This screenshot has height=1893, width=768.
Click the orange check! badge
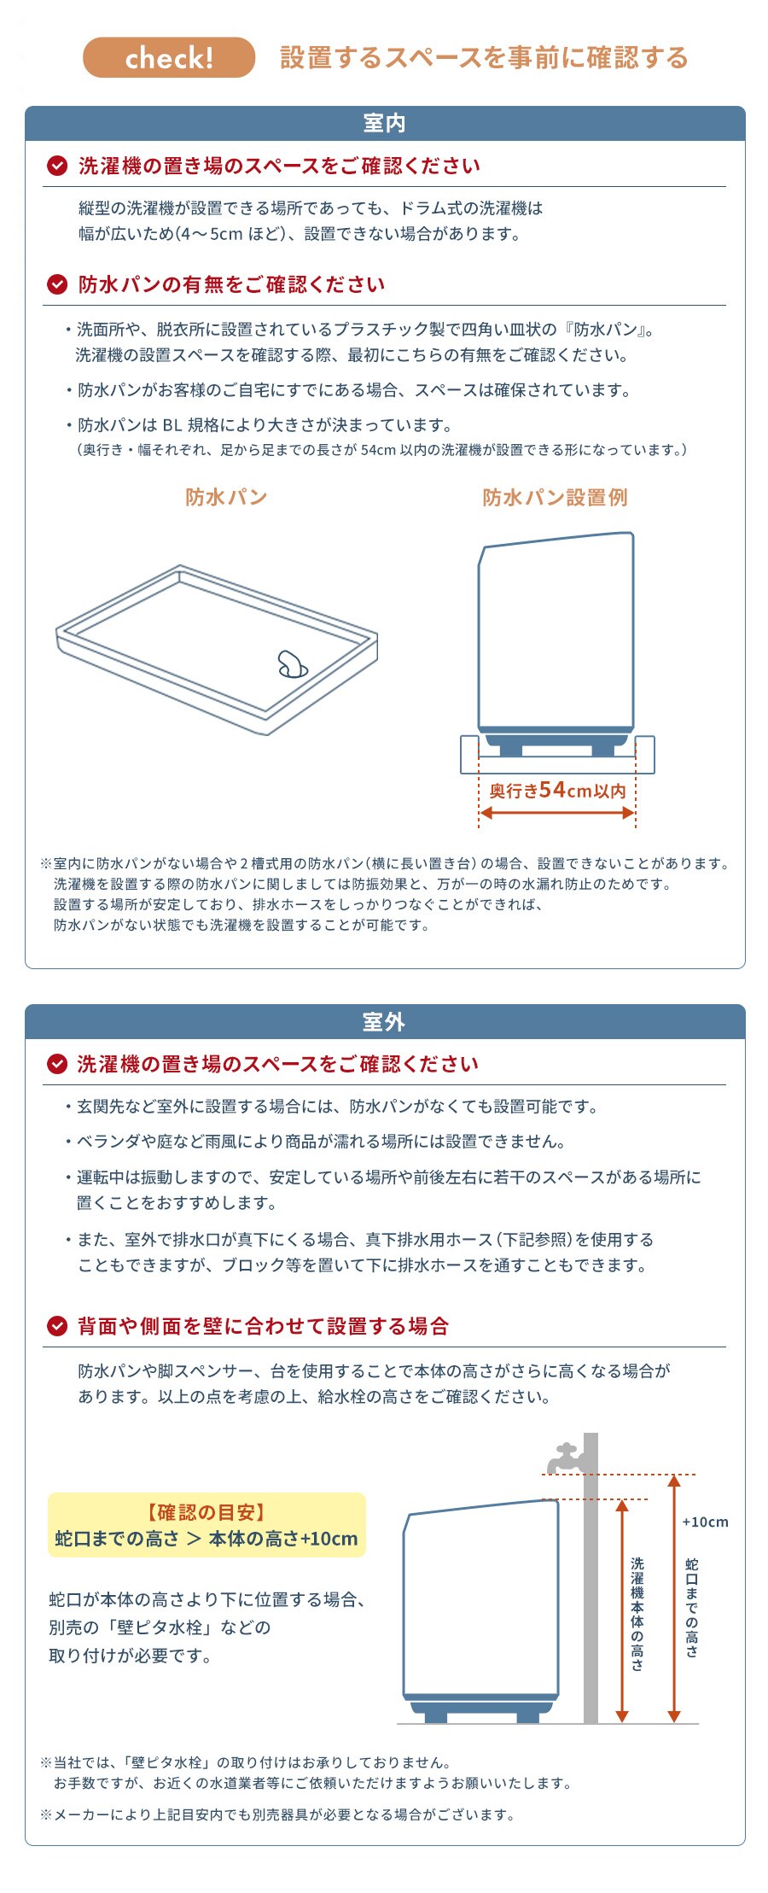(169, 58)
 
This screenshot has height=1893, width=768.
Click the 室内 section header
(385, 124)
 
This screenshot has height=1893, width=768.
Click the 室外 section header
(385, 1022)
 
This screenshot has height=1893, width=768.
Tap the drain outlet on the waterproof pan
(292, 664)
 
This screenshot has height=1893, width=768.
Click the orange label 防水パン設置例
(555, 498)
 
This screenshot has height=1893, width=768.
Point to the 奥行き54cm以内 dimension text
(557, 791)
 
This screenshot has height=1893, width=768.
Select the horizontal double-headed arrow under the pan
(557, 813)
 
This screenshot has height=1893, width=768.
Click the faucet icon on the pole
(567, 1458)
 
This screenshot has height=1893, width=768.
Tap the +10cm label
(705, 1522)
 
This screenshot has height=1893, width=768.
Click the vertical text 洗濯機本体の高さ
(637, 1613)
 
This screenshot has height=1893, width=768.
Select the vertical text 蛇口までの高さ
(692, 1607)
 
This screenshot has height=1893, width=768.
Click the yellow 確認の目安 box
(207, 1525)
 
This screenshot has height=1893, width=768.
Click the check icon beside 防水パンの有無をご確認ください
(56, 284)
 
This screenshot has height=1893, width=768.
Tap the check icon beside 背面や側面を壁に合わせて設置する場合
(56, 1326)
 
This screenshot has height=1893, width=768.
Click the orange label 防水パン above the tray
(226, 498)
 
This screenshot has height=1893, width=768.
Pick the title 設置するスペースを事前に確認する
(484, 58)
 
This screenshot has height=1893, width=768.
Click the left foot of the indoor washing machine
(510, 750)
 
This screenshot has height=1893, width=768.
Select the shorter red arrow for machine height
(622, 1610)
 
